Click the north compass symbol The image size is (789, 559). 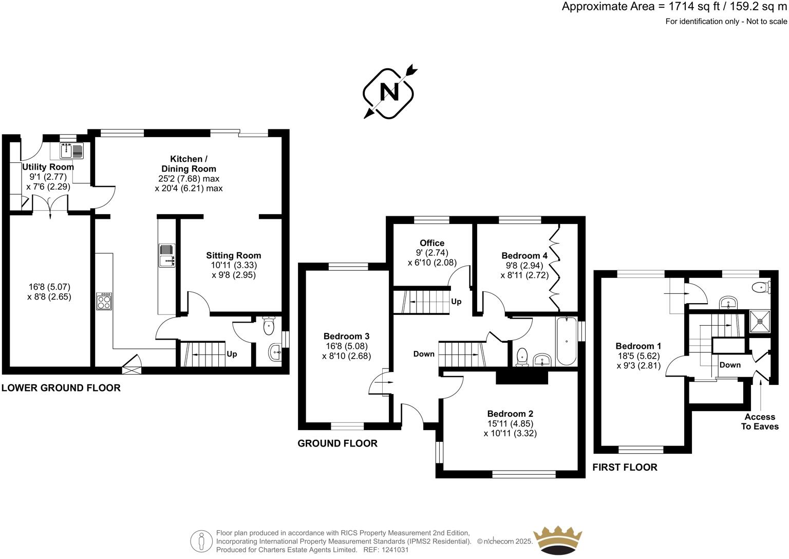(x=389, y=92)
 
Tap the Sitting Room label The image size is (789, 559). (x=234, y=255)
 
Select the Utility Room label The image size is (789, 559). (x=48, y=167)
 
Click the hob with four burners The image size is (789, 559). (x=104, y=301)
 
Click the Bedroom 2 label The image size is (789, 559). (x=510, y=414)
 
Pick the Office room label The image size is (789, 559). (x=432, y=243)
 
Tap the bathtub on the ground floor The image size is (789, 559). (x=567, y=342)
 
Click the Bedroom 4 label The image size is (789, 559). (x=524, y=255)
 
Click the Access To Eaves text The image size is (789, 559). (x=760, y=422)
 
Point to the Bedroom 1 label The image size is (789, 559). (x=638, y=346)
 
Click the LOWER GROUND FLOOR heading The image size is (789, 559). (x=61, y=388)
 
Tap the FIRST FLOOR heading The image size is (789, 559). (x=625, y=467)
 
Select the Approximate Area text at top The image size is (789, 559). (x=674, y=7)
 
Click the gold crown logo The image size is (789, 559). (x=558, y=539)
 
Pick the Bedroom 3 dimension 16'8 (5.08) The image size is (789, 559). (x=346, y=346)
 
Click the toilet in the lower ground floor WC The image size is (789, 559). (x=269, y=325)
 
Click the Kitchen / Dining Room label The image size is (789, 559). (x=189, y=164)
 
